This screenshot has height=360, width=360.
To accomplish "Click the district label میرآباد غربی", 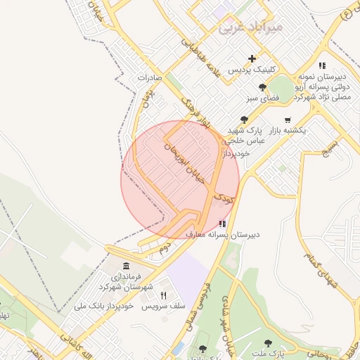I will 250,27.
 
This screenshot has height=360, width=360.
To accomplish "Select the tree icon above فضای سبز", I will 262,88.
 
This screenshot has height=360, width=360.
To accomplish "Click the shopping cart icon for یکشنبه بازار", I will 289,120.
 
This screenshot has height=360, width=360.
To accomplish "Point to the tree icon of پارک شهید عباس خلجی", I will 244,120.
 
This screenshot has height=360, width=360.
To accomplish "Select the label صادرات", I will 150,77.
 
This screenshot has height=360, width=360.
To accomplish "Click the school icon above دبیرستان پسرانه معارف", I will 223,223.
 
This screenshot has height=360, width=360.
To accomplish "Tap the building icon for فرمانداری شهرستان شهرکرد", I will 125,266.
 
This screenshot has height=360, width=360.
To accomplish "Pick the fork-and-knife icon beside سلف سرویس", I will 164,295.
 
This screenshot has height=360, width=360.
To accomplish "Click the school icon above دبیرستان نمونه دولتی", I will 322,65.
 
